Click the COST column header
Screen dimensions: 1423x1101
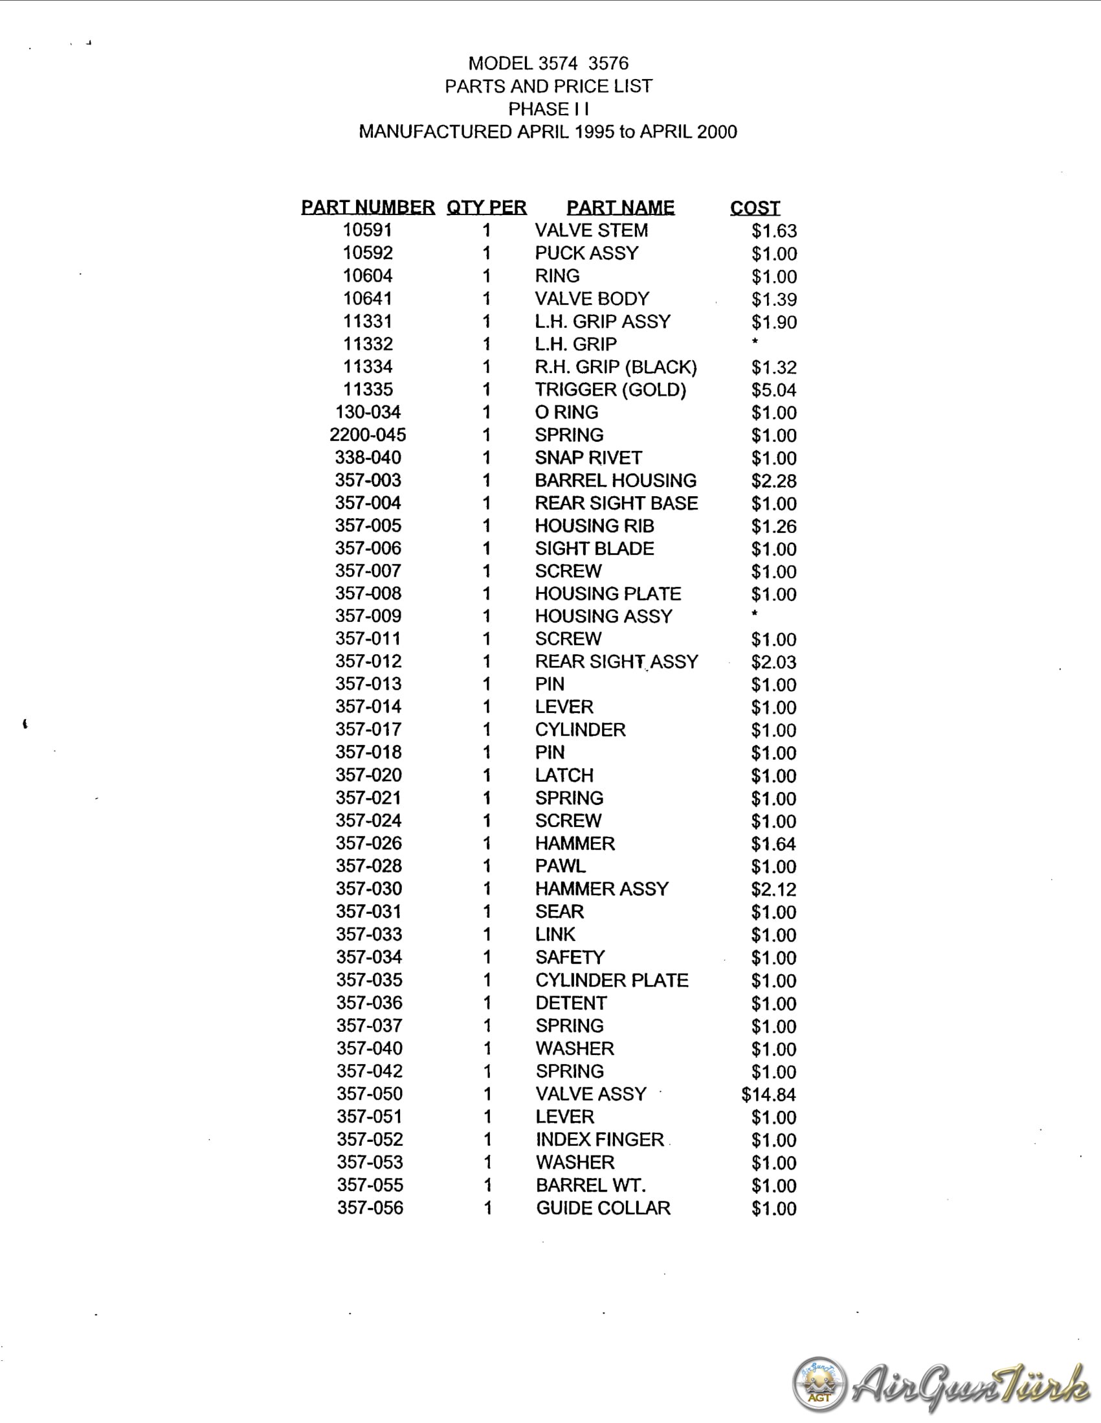(x=755, y=208)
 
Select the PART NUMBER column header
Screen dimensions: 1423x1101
(x=368, y=207)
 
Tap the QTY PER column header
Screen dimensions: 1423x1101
(x=486, y=207)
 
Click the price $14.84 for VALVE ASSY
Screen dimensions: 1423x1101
(x=768, y=1095)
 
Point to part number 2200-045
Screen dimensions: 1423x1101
(x=368, y=435)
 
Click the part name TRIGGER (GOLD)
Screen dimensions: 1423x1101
(x=611, y=390)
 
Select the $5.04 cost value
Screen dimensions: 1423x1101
(x=773, y=391)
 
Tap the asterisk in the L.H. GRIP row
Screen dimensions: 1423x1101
(x=755, y=342)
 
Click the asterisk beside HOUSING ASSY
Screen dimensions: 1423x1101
(x=755, y=614)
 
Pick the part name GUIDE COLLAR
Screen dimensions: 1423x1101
(x=603, y=1208)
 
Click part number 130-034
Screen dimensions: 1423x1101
(x=368, y=412)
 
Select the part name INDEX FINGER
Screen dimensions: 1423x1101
(x=599, y=1139)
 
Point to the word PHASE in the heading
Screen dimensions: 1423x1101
(x=538, y=109)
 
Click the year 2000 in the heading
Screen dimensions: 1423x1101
(x=717, y=131)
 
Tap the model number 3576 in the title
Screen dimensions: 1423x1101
(x=608, y=63)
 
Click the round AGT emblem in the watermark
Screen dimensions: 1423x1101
(x=819, y=1384)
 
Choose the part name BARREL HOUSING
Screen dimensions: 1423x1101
(x=616, y=480)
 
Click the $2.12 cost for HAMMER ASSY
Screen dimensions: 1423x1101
(x=773, y=889)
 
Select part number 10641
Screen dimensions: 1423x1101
(x=368, y=299)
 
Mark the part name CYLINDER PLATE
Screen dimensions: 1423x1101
(x=612, y=981)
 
